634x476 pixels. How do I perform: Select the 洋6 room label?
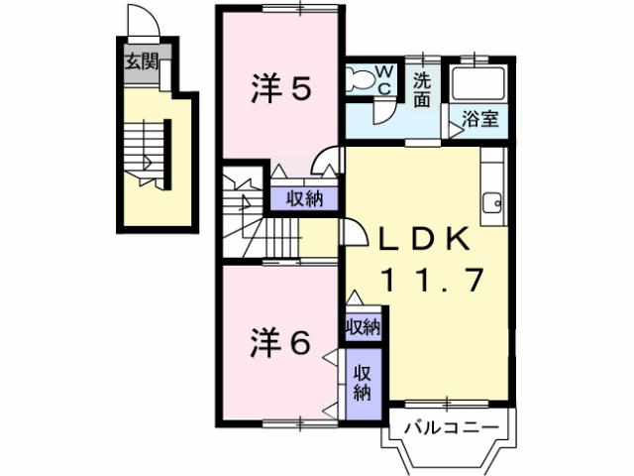[280, 342]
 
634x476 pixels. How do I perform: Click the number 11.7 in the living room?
[434, 281]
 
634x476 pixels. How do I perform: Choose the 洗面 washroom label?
[423, 89]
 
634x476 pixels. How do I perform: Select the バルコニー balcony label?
[449, 429]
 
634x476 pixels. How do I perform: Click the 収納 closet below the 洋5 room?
[305, 198]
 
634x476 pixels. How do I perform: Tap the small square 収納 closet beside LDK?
[363, 326]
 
